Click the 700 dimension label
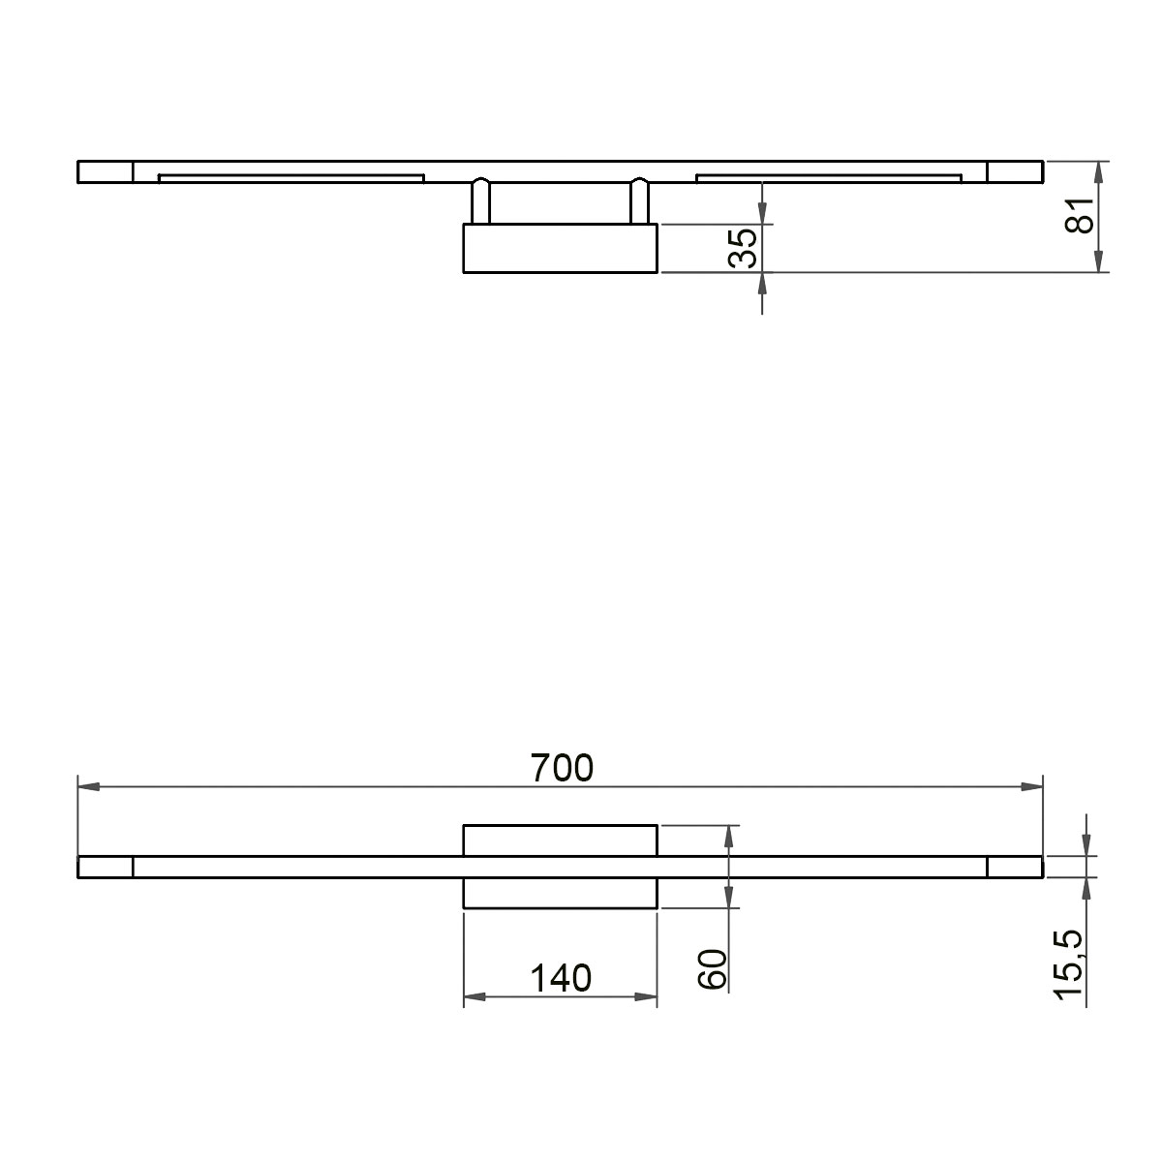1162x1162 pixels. [x=562, y=768]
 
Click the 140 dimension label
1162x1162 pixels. [x=561, y=978]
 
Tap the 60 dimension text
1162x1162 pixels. [x=713, y=968]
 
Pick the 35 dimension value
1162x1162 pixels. [x=743, y=249]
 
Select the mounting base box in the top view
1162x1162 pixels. [x=561, y=249]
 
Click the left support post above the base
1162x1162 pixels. [x=480, y=201]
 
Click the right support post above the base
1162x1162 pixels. [x=639, y=201]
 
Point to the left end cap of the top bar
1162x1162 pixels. [x=105, y=172]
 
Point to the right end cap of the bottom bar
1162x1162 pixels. [x=1015, y=867]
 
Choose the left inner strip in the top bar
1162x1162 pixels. [x=290, y=177]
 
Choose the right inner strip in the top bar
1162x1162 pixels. [x=829, y=177]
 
